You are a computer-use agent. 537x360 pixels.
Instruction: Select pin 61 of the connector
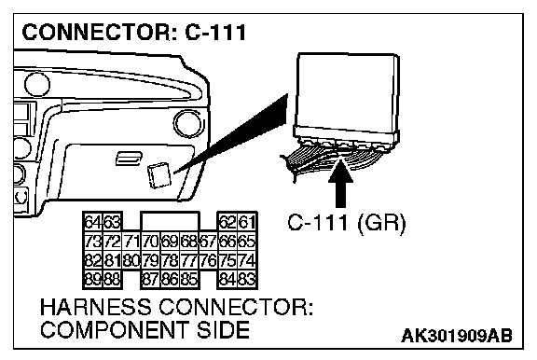[247, 222]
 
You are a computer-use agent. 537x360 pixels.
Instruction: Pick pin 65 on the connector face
[247, 242]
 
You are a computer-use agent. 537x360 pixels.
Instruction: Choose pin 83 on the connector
[247, 280]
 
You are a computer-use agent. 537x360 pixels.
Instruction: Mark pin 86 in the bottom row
[171, 280]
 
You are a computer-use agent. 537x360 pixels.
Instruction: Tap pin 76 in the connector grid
[209, 260]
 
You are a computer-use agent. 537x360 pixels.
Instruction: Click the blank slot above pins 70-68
[171, 221]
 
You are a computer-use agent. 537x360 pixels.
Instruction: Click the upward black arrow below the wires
[340, 183]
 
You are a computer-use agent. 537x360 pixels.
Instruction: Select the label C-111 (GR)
[347, 223]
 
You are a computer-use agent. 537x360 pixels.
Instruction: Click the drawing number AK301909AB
[457, 336]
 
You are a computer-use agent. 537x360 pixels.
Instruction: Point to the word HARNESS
[95, 307]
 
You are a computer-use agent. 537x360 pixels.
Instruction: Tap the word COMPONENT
[115, 329]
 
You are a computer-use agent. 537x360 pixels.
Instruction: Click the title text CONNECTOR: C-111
[134, 33]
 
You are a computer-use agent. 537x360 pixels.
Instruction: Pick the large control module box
[347, 100]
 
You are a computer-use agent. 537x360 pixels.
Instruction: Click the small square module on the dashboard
[158, 175]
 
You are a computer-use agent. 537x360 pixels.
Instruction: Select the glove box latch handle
[129, 158]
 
